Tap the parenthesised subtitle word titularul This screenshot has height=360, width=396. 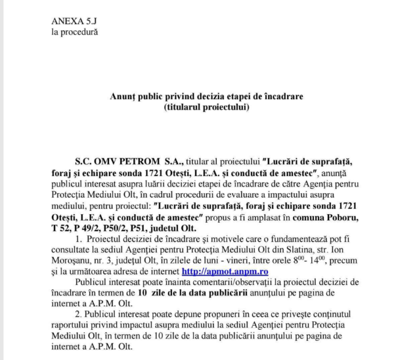pyautogui.click(x=183, y=107)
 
